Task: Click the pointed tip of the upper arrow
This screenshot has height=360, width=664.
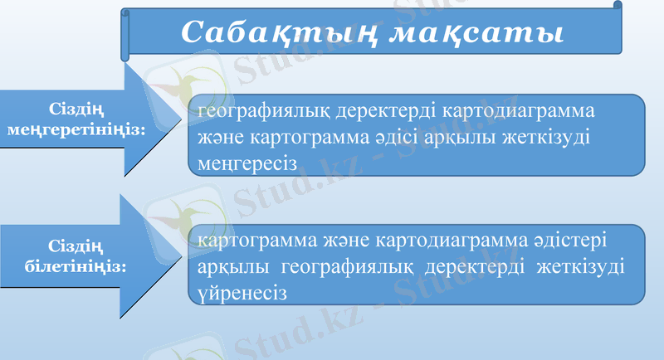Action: tap(185, 120)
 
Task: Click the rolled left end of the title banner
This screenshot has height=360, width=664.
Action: tap(125, 35)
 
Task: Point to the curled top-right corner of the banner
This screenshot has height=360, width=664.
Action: tap(617, 6)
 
